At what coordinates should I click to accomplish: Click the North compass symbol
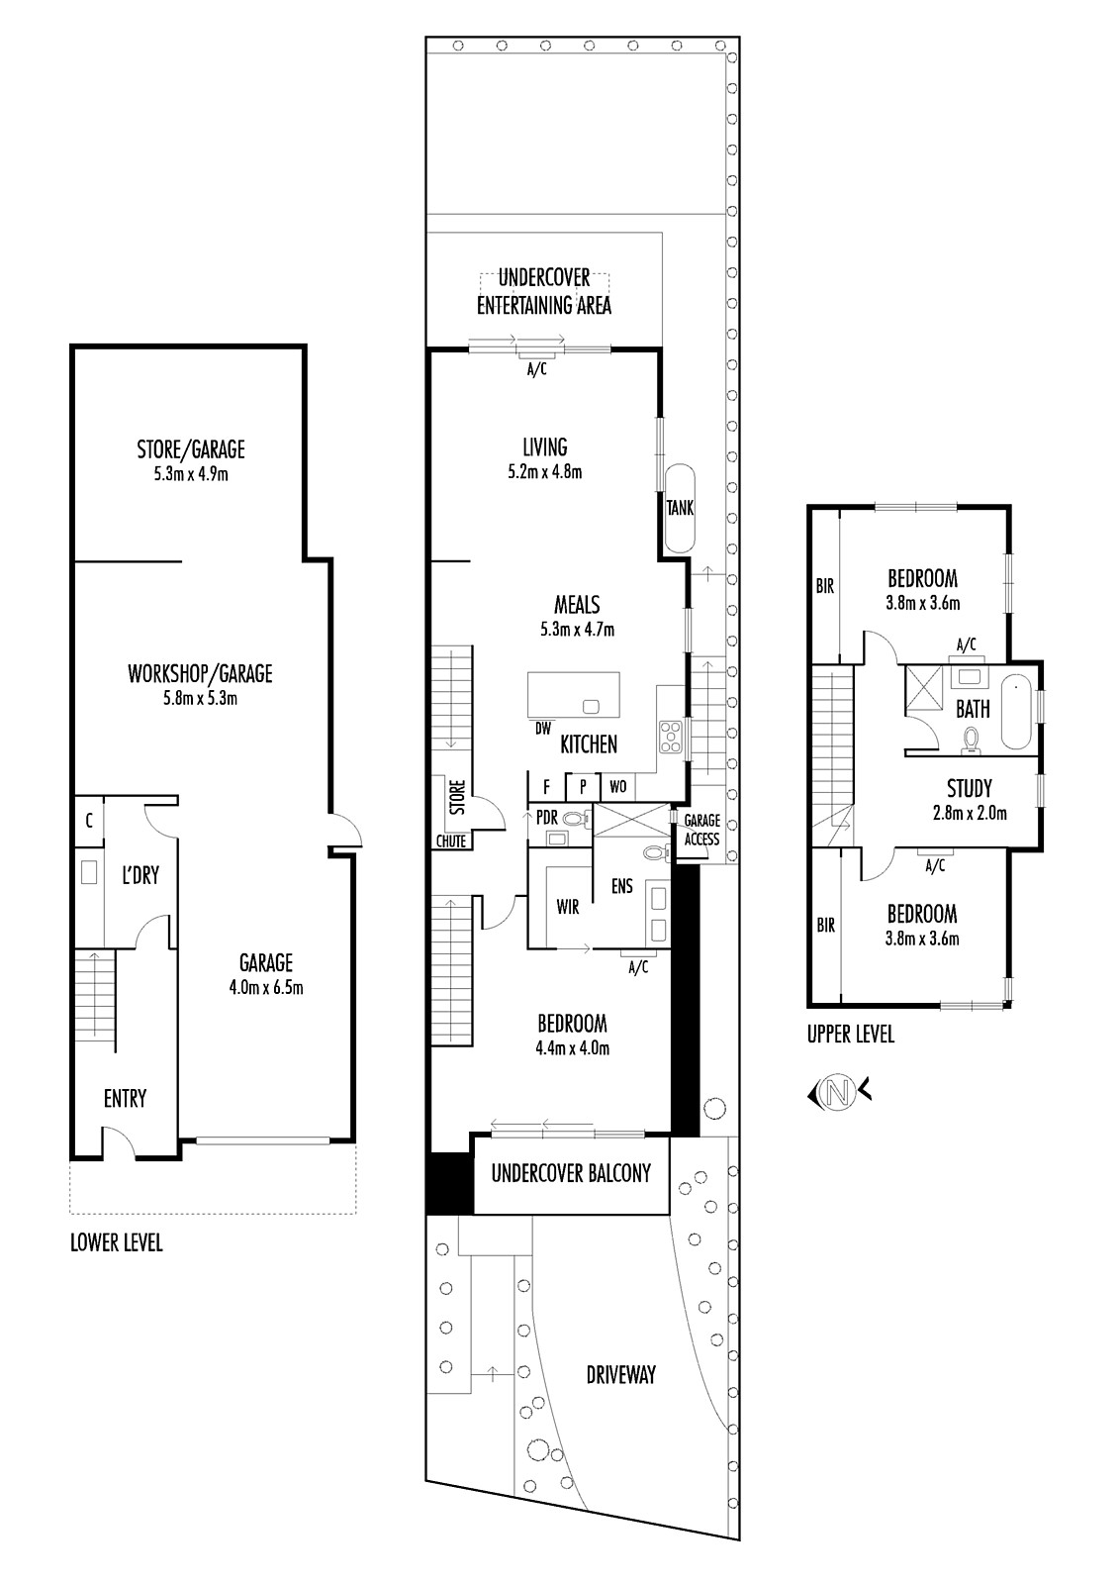(839, 1093)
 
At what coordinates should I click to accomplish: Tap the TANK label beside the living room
(680, 507)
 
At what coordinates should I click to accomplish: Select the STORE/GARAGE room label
(191, 449)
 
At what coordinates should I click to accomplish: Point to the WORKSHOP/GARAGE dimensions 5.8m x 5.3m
(200, 699)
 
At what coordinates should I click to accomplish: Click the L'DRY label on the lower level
(140, 875)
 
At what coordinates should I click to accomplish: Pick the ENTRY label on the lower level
(125, 1098)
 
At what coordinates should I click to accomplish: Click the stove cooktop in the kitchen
(670, 737)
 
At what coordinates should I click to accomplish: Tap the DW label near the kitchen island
(542, 729)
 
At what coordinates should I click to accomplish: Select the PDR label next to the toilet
(546, 818)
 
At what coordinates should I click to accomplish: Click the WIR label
(568, 907)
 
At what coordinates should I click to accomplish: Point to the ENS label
(622, 886)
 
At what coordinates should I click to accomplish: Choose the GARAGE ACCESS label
(701, 830)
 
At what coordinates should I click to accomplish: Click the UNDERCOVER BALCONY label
(571, 1173)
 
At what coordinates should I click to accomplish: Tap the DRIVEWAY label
(620, 1375)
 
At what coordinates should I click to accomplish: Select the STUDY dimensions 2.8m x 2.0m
(970, 813)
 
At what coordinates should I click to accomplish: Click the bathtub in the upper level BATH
(1016, 712)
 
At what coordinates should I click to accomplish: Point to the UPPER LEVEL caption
(851, 1035)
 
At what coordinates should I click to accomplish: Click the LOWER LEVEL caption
(116, 1242)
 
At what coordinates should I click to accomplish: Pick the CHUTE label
(450, 841)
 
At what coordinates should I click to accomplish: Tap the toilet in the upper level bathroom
(971, 742)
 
